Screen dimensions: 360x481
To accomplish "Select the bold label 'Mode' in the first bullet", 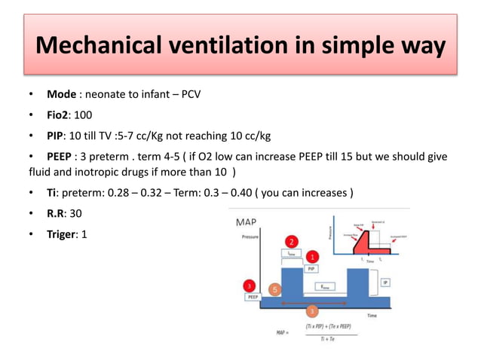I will tap(61, 95).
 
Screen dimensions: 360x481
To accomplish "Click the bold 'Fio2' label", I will tap(59, 116).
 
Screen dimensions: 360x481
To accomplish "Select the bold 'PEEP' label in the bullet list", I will tap(62, 157).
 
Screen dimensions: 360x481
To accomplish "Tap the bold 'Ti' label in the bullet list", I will tap(53, 193).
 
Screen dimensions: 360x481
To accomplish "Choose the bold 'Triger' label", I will tap(63, 234).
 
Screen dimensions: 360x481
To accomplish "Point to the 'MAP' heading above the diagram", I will tap(250, 222).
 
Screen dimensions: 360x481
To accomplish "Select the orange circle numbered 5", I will tap(275, 288).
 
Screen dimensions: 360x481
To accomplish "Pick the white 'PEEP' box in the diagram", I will tap(253, 297).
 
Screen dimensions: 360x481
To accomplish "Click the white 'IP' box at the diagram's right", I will tap(385, 282).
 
